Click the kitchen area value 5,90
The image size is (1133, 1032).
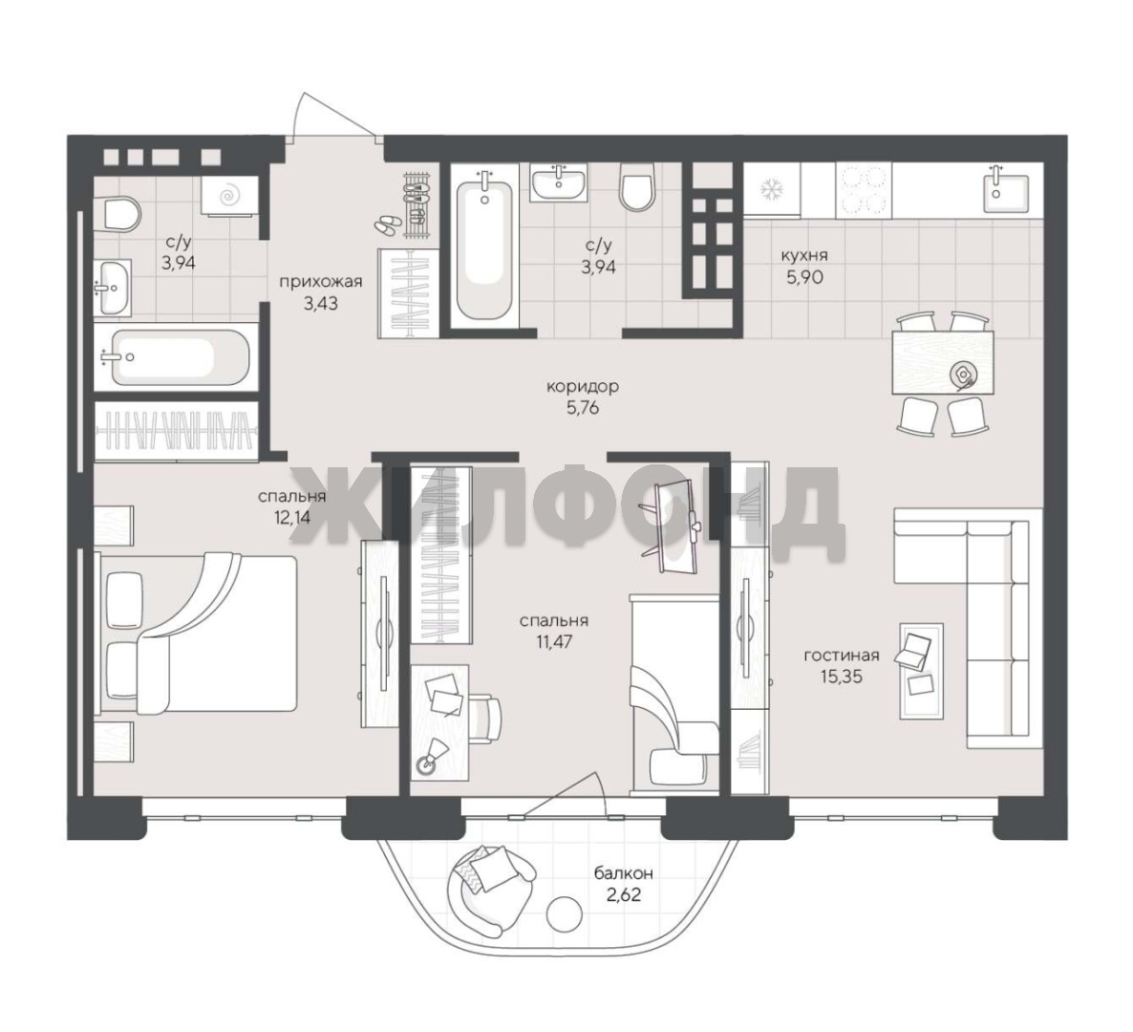point(805,276)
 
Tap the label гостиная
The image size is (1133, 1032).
point(842,656)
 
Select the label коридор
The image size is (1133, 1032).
point(583,387)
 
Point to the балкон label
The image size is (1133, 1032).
point(624,873)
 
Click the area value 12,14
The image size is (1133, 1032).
point(292,518)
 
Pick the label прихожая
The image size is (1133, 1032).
point(321,281)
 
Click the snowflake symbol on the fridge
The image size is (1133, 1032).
point(772,189)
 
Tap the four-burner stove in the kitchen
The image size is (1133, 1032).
point(864,189)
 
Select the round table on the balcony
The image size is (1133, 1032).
point(565,914)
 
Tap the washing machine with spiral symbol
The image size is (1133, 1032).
point(229,195)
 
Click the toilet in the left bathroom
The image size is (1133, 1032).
point(120,213)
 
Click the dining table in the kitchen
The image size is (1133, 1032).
point(942,362)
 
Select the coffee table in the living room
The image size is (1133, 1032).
point(921,671)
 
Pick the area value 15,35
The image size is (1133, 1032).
point(842,677)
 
